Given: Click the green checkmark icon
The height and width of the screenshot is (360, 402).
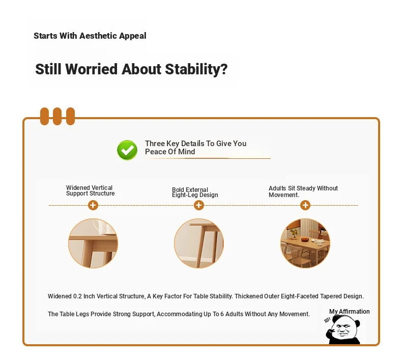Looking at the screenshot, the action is click(x=127, y=150).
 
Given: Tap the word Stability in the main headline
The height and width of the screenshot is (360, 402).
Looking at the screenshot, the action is click(x=196, y=69).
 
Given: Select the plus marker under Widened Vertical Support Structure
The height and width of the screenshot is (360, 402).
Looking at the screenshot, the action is click(x=93, y=205).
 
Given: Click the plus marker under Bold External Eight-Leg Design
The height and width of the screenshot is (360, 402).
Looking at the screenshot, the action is click(x=199, y=205).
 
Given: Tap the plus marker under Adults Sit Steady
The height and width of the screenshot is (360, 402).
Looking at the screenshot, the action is click(x=305, y=205).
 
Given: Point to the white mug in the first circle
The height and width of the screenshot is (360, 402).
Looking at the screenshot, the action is click(x=101, y=227).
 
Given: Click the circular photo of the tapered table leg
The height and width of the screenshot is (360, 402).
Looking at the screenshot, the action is click(x=199, y=243).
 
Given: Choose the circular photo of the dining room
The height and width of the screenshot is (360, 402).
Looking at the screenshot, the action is click(x=305, y=243).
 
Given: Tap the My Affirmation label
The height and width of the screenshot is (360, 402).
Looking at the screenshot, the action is click(x=350, y=312).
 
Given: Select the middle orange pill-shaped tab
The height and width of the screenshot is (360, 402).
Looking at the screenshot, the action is click(x=57, y=116).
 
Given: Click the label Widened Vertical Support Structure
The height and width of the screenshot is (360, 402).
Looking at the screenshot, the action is click(x=90, y=190).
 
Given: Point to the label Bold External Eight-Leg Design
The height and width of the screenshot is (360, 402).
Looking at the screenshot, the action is click(x=195, y=192).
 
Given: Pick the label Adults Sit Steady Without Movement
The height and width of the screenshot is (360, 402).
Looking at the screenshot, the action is click(x=303, y=191).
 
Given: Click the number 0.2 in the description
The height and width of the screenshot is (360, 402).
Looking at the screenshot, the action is click(x=77, y=296).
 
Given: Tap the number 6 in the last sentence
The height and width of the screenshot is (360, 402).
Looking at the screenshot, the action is click(x=222, y=314).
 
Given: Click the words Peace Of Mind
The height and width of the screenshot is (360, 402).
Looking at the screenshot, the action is click(x=170, y=152).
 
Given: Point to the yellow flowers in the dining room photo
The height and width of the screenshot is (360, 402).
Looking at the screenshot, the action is click(x=294, y=233).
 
